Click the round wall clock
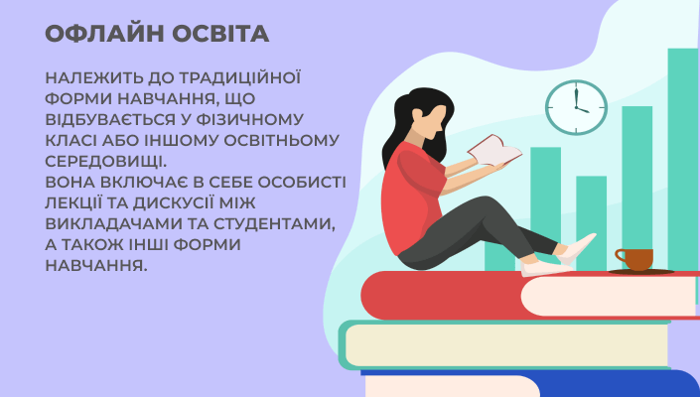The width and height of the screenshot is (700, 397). click(x=576, y=107)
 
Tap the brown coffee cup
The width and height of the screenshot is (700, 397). click(x=633, y=258)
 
